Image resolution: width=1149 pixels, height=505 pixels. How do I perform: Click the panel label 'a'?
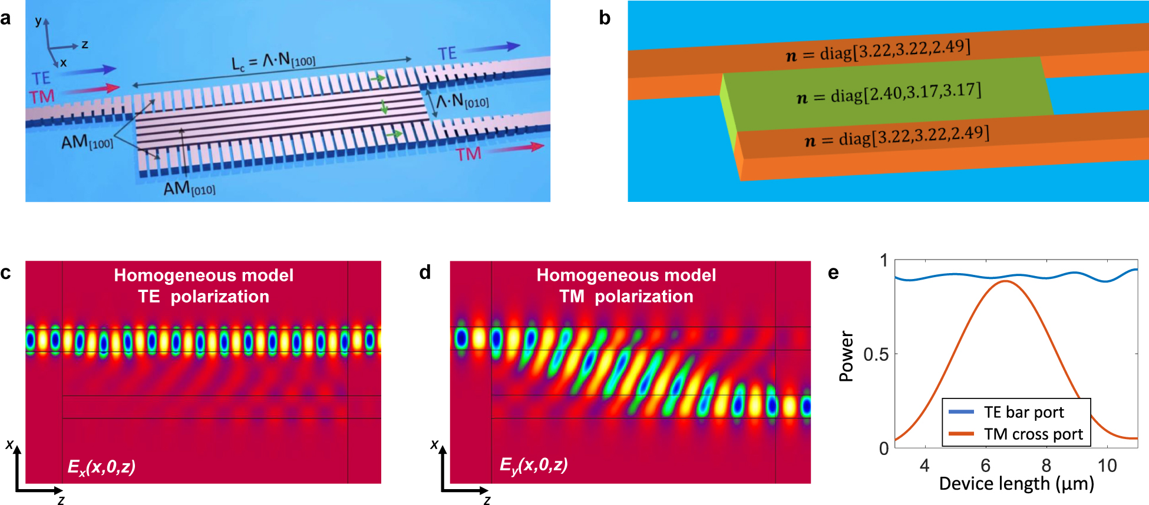click(6, 18)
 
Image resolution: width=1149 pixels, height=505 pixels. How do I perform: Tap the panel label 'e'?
click(833, 273)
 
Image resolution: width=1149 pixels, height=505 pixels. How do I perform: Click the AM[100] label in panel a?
click(87, 142)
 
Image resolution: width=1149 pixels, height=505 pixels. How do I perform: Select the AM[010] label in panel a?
click(189, 188)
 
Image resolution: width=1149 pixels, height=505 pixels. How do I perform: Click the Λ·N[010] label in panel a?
click(463, 101)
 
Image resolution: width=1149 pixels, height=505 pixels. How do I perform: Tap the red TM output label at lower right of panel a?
click(468, 154)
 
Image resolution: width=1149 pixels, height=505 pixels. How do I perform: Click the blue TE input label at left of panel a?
click(41, 78)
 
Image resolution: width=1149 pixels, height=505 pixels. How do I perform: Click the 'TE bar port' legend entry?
click(1023, 412)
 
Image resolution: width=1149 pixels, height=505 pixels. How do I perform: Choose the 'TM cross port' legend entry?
click(1033, 434)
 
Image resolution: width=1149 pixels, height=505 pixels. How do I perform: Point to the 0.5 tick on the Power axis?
click(876, 354)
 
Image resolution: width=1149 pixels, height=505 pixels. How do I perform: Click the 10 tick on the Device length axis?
click(1107, 466)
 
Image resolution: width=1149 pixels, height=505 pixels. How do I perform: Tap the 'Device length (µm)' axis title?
click(1016, 484)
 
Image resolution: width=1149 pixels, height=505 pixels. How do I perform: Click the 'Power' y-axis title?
click(847, 356)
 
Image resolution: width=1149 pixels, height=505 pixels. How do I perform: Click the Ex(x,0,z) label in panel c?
click(101, 467)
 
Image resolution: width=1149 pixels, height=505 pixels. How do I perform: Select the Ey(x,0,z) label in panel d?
click(533, 465)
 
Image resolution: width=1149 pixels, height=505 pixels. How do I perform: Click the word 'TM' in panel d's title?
click(572, 296)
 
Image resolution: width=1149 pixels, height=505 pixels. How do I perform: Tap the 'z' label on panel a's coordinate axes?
click(85, 44)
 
